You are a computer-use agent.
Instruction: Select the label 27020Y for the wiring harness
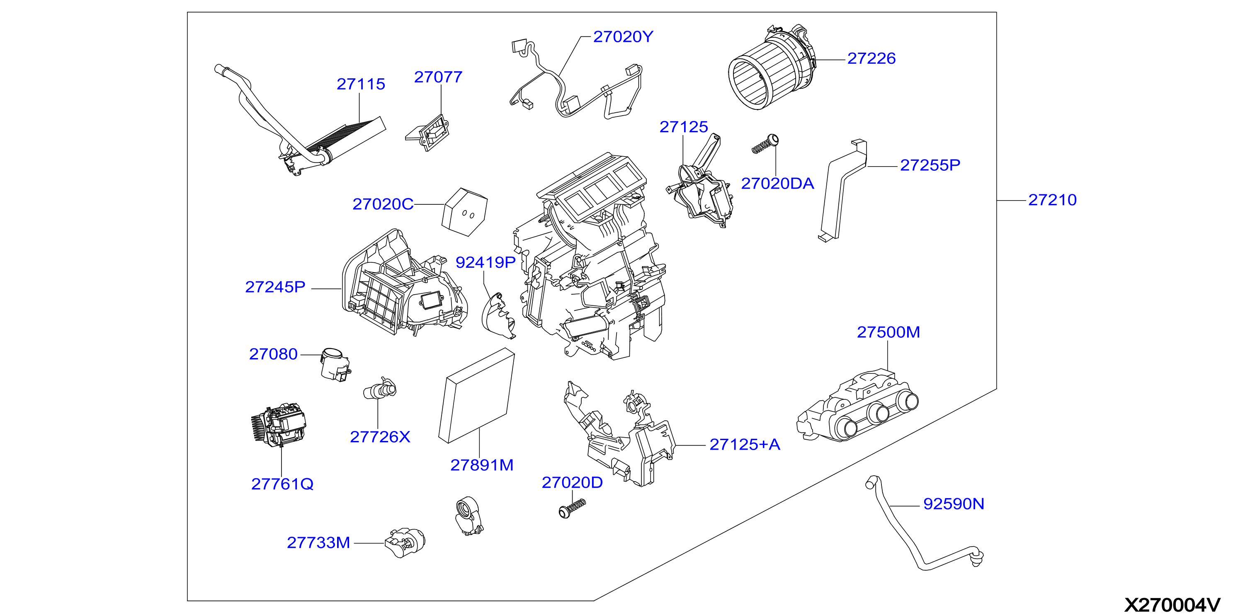click(623, 37)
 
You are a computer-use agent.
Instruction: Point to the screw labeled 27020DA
click(765, 144)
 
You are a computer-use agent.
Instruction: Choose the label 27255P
click(930, 165)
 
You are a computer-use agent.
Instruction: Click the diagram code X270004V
click(1172, 605)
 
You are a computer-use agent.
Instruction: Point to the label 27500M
click(888, 332)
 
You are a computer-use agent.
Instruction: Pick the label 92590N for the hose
click(954, 504)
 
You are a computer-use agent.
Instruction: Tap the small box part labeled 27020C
click(464, 212)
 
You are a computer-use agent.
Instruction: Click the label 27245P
click(275, 287)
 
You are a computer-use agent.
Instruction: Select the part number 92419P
click(485, 262)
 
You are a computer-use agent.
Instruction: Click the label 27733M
click(318, 542)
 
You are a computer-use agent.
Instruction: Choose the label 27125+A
click(745, 444)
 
